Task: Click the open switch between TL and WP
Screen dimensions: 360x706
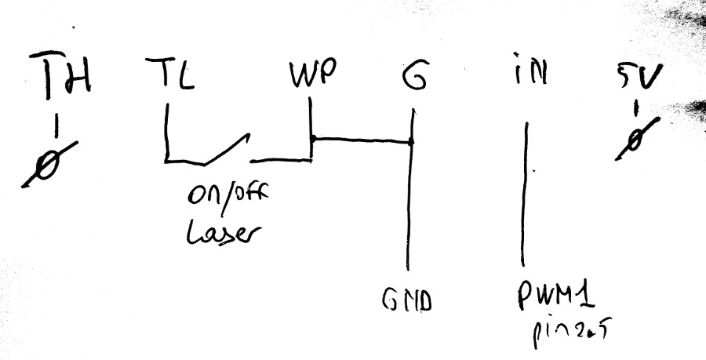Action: click(224, 151)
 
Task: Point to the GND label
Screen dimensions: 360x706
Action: click(407, 302)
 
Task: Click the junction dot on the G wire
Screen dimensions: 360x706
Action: click(411, 142)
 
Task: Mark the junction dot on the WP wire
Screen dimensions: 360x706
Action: click(312, 140)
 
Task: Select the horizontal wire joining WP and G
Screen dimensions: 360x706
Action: click(361, 140)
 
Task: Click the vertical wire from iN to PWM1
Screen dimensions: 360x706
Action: click(523, 196)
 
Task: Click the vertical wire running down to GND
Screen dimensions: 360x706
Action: click(409, 212)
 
